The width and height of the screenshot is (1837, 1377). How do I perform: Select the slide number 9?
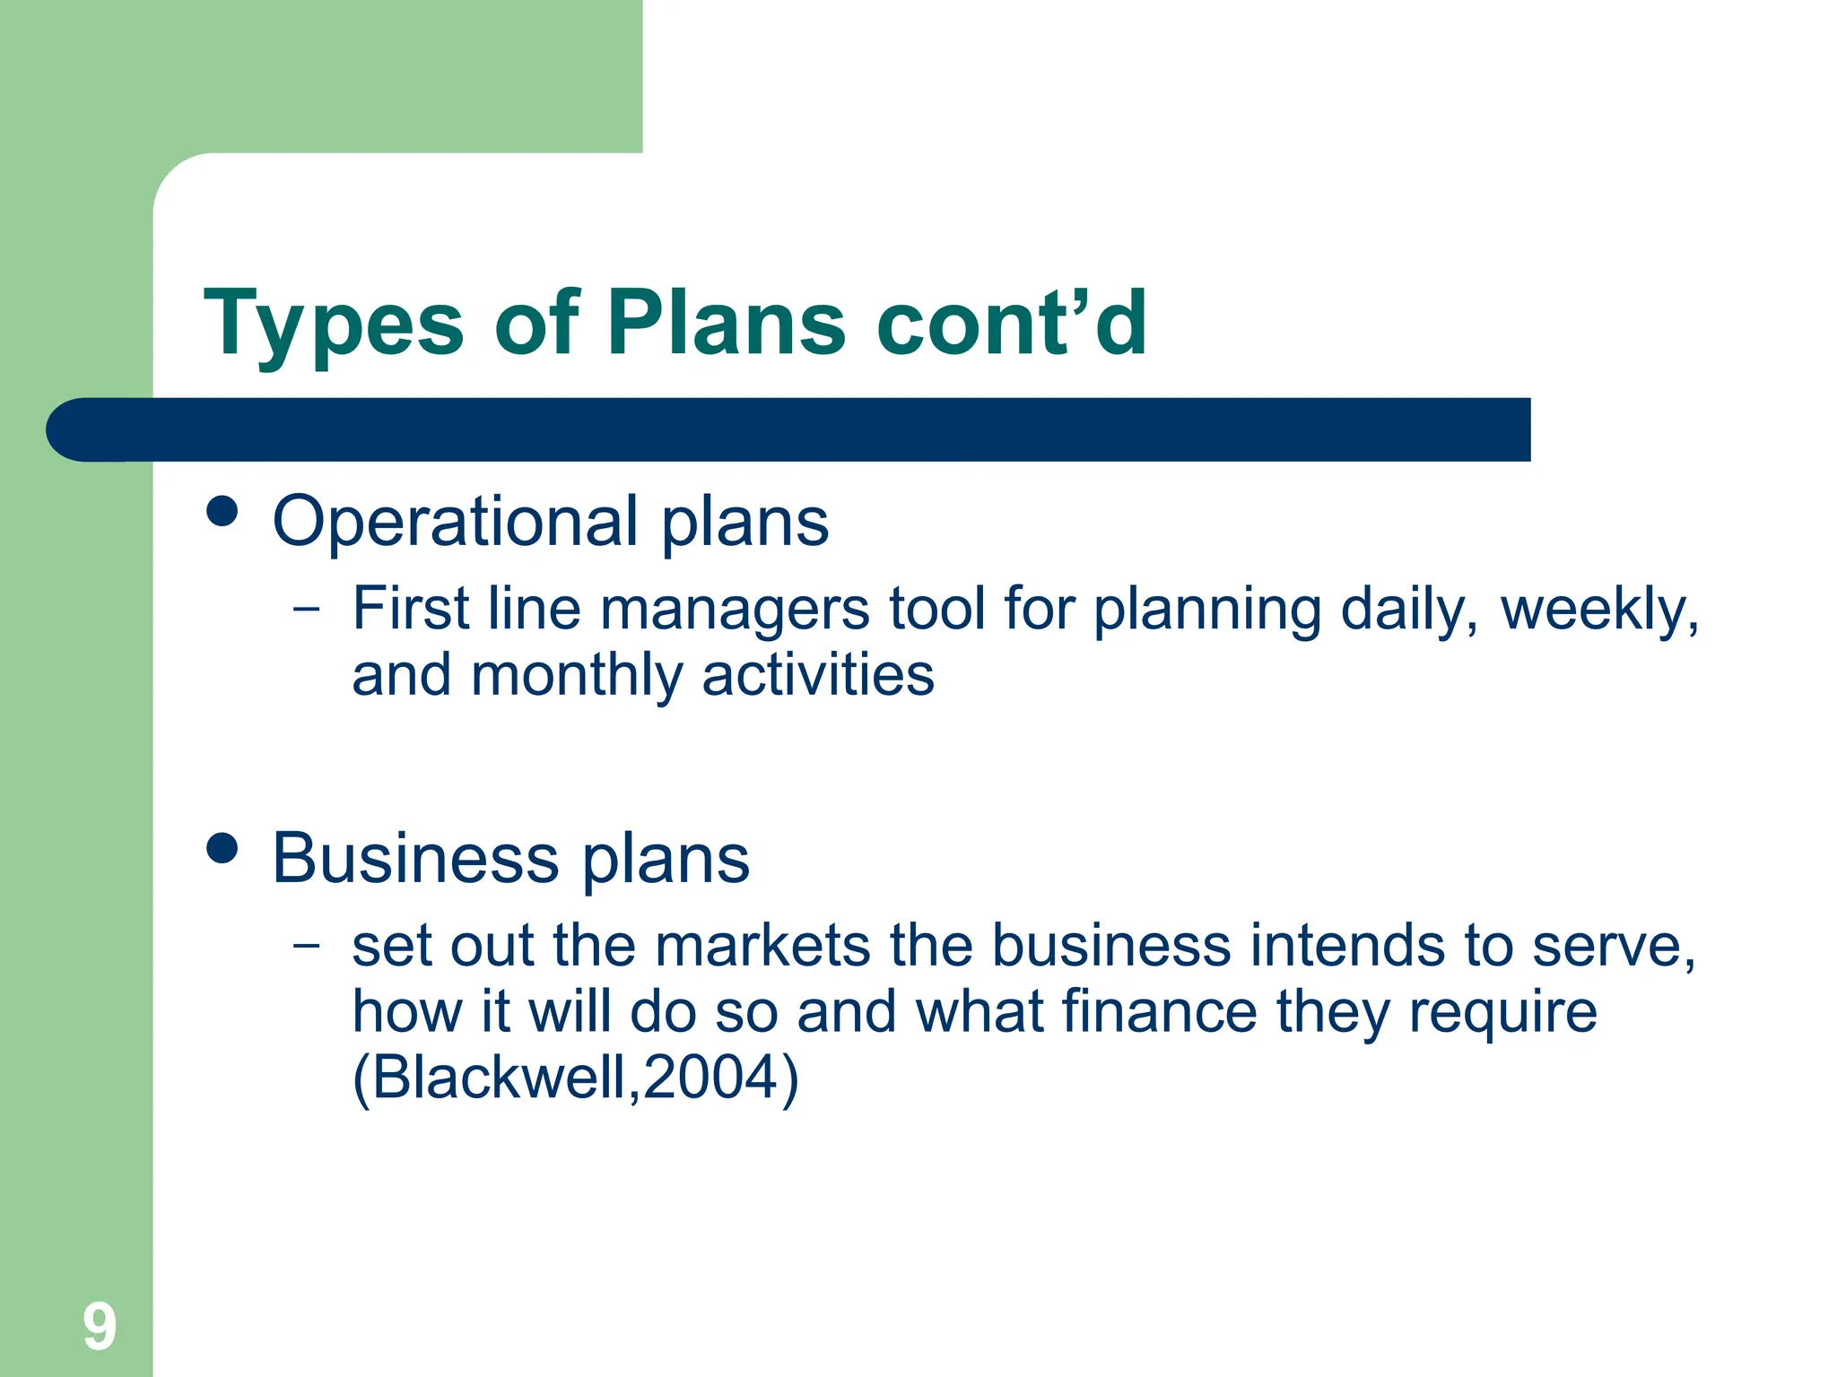coord(100,1327)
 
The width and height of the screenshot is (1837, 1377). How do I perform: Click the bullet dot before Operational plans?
coord(222,512)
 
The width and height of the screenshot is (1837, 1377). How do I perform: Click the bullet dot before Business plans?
coord(222,848)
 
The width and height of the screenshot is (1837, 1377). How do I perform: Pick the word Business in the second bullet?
coord(415,859)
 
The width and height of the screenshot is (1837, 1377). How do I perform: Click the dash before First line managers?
coord(306,609)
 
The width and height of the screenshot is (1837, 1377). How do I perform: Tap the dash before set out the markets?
coord(306,945)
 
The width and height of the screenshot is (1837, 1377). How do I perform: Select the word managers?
coord(734,611)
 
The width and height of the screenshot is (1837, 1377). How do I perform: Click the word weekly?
coord(1599,611)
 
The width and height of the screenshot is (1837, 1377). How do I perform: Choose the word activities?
coord(817,676)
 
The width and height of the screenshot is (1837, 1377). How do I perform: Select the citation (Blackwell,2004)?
coord(575,1078)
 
